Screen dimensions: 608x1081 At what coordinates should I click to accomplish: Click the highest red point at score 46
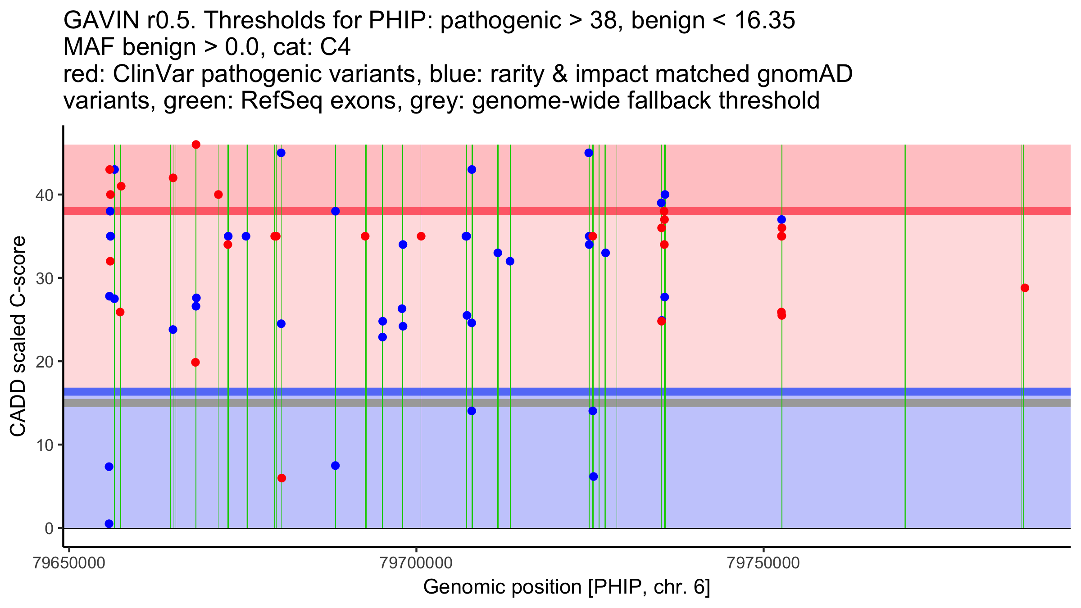[196, 145]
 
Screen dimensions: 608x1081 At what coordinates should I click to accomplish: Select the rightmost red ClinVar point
[1025, 288]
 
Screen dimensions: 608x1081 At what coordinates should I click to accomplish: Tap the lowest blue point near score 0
[109, 524]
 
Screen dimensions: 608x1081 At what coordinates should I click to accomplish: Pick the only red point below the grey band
[282, 478]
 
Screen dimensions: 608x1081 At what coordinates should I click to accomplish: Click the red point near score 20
[195, 362]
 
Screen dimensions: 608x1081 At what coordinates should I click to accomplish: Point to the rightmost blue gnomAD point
[781, 219]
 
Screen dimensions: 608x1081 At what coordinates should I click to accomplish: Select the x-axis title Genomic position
[567, 587]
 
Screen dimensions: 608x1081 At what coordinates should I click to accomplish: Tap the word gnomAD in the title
[804, 74]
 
